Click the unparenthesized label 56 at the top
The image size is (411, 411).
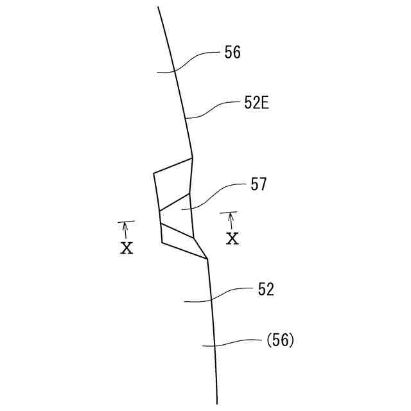coord(232,53)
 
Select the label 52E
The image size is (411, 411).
coord(256,103)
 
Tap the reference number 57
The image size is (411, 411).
coord(258,185)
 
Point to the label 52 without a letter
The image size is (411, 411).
coord(266,290)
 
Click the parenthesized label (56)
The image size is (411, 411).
coord(280,340)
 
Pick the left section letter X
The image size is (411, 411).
coord(127,248)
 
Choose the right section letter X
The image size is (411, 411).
coord(232,238)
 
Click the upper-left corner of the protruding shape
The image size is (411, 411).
coord(154,173)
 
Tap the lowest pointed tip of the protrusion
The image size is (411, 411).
coord(207,259)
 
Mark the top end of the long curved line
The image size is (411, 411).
coord(158,7)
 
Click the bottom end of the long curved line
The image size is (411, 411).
coord(217,403)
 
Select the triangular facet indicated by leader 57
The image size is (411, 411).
coord(177,212)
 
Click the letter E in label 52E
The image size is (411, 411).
coord(263,103)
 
